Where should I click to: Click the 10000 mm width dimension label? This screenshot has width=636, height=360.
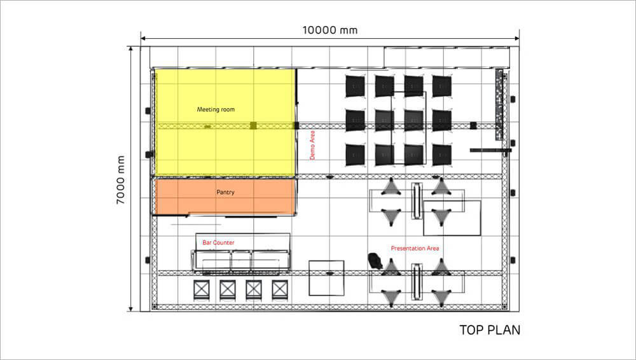329,30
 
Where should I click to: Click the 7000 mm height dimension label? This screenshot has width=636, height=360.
120,180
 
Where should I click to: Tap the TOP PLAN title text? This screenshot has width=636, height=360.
490,330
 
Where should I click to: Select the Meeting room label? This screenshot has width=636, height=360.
216,109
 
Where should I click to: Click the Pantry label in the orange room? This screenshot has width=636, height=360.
225,192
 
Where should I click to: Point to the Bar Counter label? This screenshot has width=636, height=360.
218,242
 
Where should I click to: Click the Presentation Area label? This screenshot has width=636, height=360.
415,248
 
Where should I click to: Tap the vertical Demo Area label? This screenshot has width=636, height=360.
312,145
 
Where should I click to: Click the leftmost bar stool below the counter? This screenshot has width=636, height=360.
202,290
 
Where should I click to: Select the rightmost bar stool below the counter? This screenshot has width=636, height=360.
280,290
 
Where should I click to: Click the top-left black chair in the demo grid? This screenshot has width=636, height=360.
355,86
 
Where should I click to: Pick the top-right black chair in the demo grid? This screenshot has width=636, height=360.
442,86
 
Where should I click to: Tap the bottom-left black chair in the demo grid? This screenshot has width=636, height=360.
355,155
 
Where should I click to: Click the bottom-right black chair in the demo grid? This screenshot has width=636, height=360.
442,155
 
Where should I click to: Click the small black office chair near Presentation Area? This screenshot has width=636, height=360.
375,261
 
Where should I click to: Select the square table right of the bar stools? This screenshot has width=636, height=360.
326,278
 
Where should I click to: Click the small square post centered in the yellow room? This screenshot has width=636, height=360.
253,125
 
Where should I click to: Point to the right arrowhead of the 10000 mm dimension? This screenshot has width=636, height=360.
516,39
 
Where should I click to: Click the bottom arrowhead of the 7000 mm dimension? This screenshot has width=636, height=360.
130,309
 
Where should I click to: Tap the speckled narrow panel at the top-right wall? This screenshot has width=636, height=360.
499,105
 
